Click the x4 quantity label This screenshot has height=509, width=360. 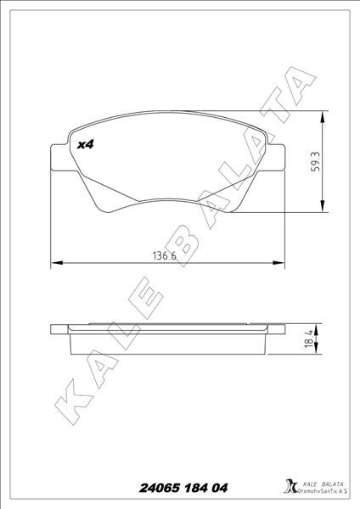pos(84,145)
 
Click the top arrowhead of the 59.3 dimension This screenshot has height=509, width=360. pos(323,115)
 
